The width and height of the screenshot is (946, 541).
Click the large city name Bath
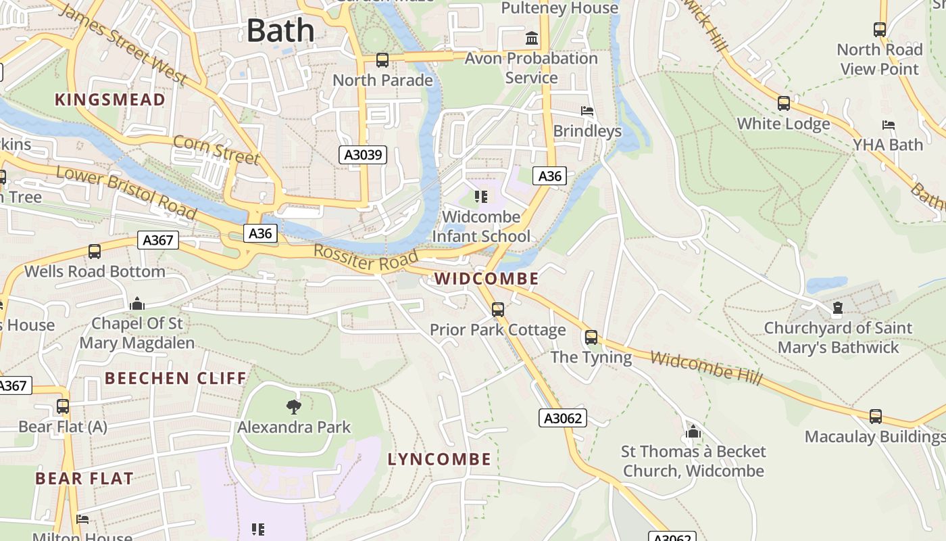click(280, 31)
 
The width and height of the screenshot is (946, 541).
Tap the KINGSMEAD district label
click(109, 100)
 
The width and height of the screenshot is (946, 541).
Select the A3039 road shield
click(364, 155)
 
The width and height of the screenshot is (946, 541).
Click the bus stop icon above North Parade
click(382, 60)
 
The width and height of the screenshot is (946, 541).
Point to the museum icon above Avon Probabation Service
click(532, 38)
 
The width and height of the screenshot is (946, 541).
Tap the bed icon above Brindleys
click(587, 110)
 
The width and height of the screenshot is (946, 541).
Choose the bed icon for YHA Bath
click(889, 125)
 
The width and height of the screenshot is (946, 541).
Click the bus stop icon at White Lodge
click(784, 103)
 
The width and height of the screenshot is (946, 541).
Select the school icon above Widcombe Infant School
click(481, 197)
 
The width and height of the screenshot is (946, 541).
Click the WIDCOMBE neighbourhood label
click(487, 279)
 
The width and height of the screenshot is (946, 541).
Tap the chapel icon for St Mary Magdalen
click(137, 304)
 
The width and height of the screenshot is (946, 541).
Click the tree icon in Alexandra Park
click(294, 406)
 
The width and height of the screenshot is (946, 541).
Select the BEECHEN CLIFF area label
click(176, 378)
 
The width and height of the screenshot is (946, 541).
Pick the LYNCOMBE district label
click(439, 459)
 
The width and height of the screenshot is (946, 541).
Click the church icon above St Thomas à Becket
click(693, 431)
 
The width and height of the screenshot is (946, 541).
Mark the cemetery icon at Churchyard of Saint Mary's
click(838, 309)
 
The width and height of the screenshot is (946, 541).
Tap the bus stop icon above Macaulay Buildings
click(876, 417)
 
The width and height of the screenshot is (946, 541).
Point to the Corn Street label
click(216, 149)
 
